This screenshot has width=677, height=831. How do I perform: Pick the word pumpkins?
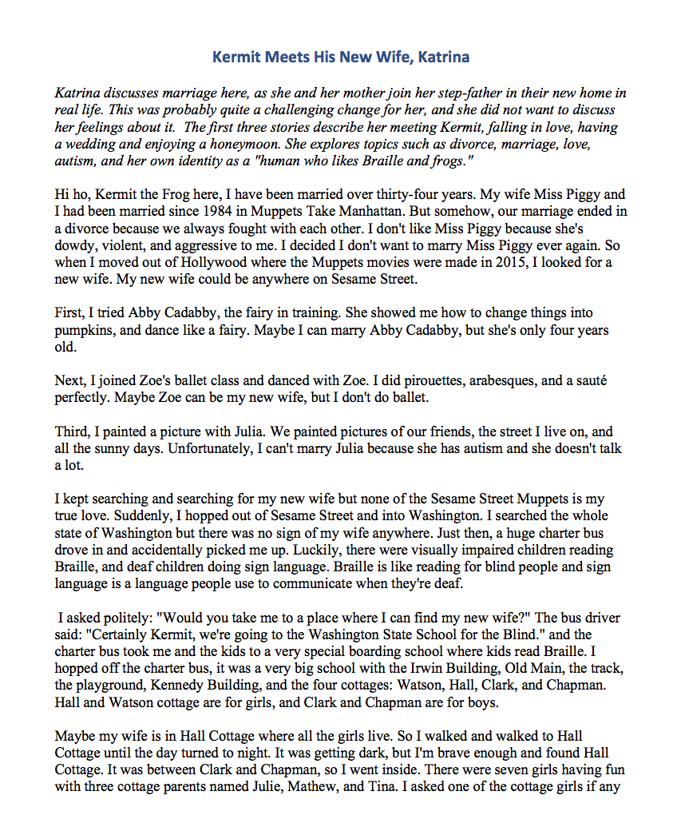point(85,331)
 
